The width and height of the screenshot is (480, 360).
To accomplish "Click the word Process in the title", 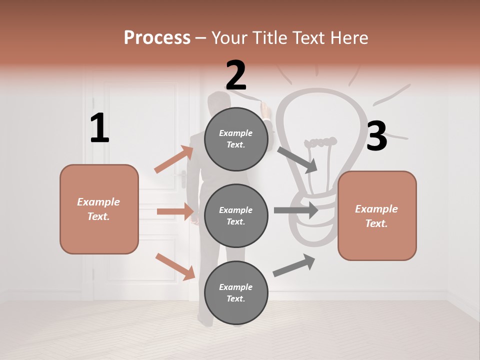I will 157,38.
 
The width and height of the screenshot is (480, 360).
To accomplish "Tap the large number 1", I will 99,128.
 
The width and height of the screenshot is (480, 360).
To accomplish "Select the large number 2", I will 236,75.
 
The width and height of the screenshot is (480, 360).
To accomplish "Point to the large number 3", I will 376,136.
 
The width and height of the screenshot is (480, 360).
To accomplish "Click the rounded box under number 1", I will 99,209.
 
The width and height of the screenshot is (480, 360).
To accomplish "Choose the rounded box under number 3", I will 377,215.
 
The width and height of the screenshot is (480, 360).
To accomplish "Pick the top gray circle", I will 236,139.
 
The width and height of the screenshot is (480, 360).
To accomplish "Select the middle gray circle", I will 236,215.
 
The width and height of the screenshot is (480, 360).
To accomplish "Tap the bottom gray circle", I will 236,292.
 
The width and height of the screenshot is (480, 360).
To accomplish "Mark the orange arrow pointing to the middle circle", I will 175,211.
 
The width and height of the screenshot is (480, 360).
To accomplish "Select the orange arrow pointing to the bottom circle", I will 175,266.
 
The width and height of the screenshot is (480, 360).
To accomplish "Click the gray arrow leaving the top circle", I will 297,159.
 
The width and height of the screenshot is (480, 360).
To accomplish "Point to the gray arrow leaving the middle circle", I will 296,210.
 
